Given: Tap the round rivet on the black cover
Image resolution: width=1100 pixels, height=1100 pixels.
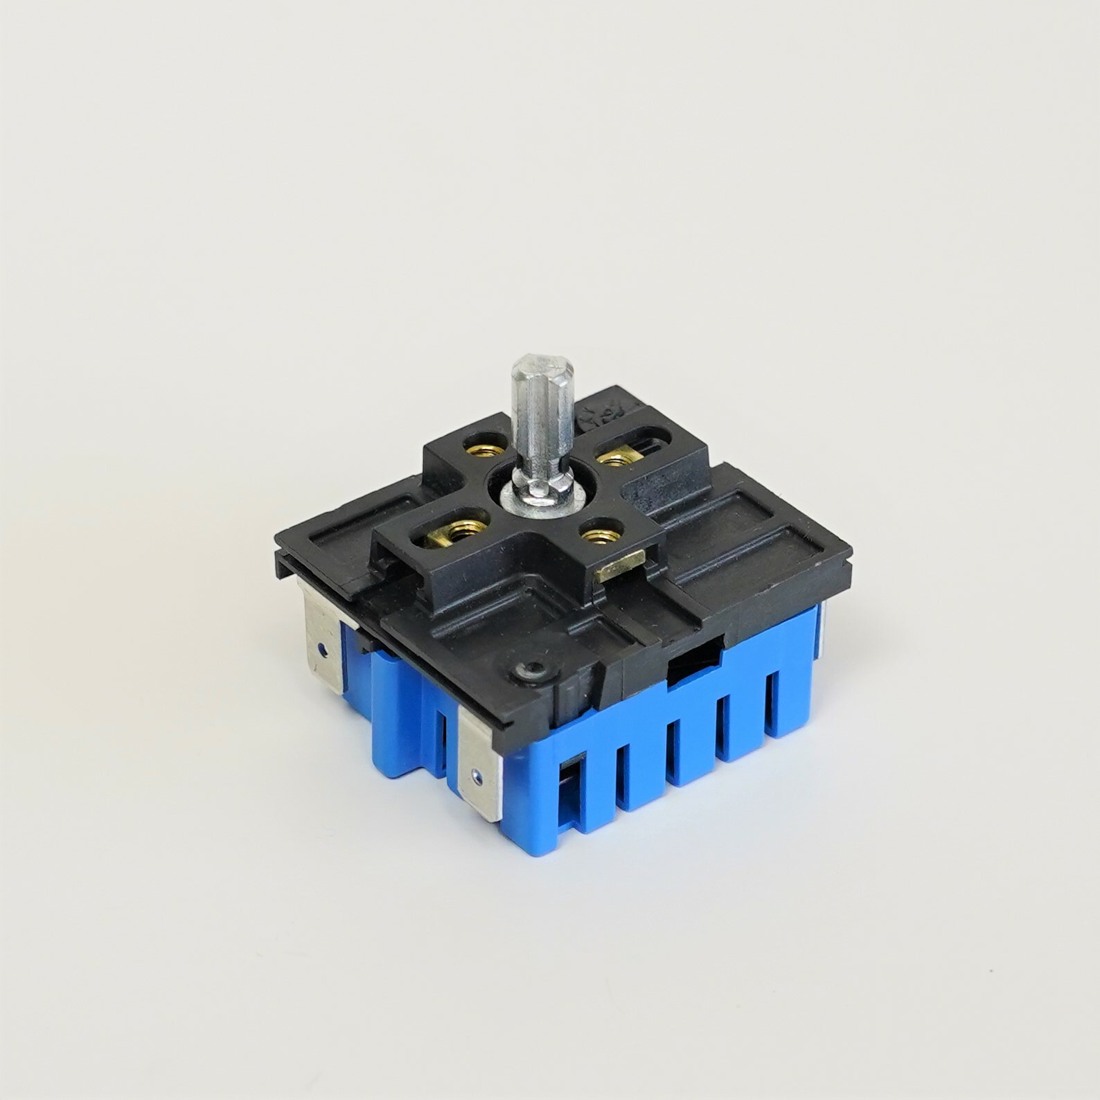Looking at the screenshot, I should (531, 671).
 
